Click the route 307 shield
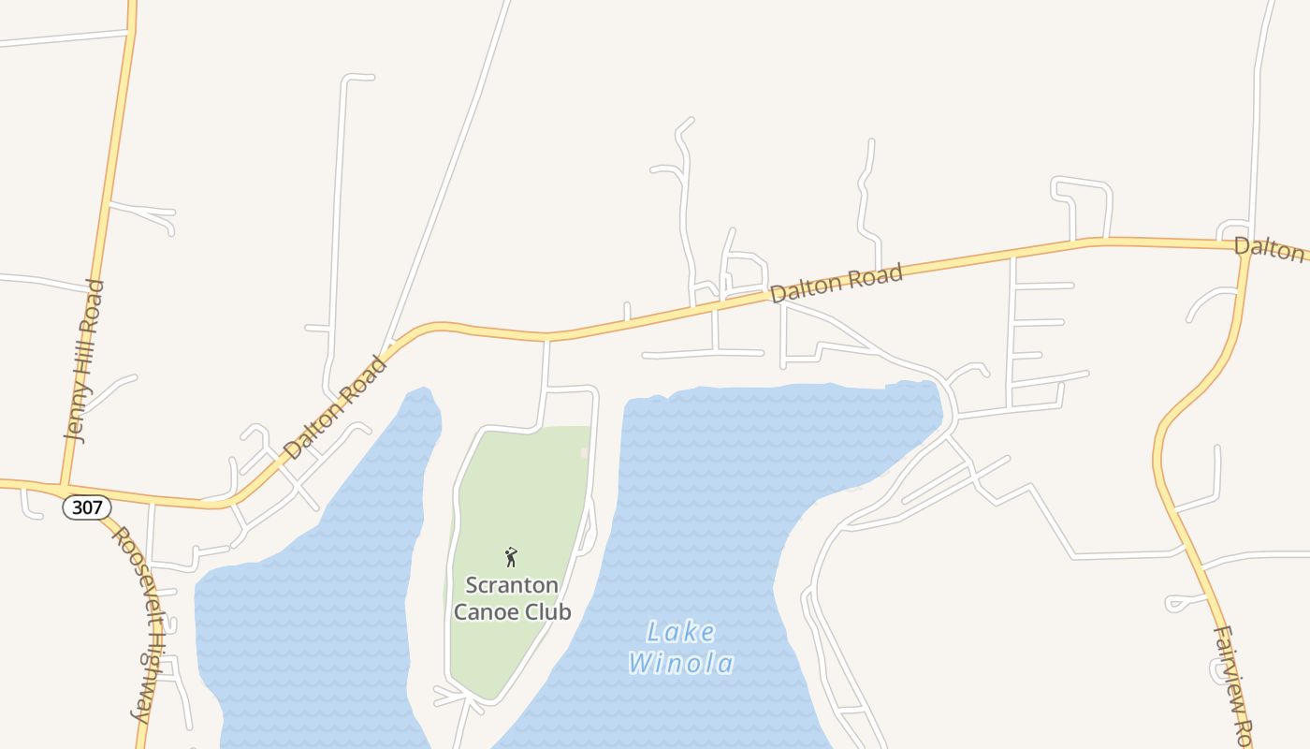pyautogui.click(x=87, y=507)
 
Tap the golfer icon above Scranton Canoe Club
pyautogui.click(x=511, y=558)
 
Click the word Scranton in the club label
pyautogui.click(x=512, y=586)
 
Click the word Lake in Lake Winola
pyautogui.click(x=681, y=633)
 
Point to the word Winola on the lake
pyautogui.click(x=681, y=664)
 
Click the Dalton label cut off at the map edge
pyautogui.click(x=1269, y=248)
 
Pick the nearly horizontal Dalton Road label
pyautogui.click(x=837, y=283)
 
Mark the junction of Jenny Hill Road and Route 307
pyautogui.click(x=63, y=486)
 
